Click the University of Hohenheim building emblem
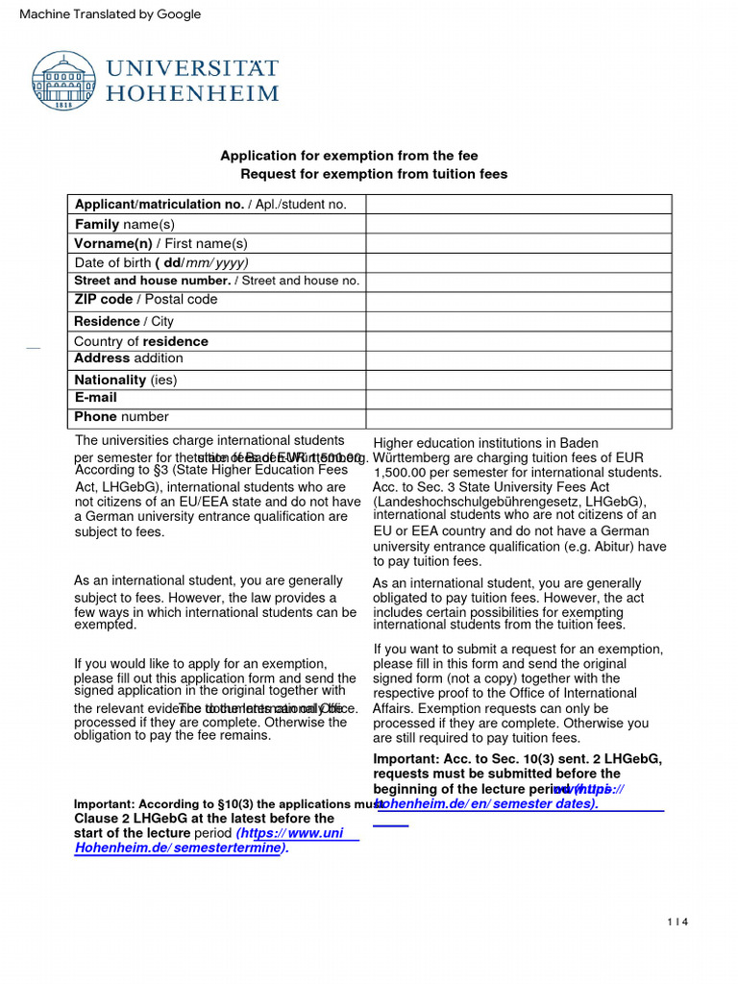[x=64, y=81]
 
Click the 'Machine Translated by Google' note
[x=111, y=13]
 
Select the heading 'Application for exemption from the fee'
[x=349, y=156]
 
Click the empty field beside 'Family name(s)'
[x=518, y=224]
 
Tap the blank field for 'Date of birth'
[x=518, y=262]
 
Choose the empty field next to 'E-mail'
[x=518, y=398]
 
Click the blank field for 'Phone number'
[x=518, y=418]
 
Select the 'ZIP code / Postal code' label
[x=146, y=300]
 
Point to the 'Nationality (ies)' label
[x=126, y=380]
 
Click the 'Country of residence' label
[x=141, y=341]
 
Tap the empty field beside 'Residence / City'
[x=518, y=321]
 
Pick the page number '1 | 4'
[x=678, y=922]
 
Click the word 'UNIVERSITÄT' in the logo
[x=192, y=69]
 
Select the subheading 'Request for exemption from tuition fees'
[x=374, y=174]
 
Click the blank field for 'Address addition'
[x=518, y=359]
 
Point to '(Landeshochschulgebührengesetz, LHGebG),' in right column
[x=509, y=502]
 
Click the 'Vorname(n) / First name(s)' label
[x=161, y=243]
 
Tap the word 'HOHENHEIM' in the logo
[x=192, y=94]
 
